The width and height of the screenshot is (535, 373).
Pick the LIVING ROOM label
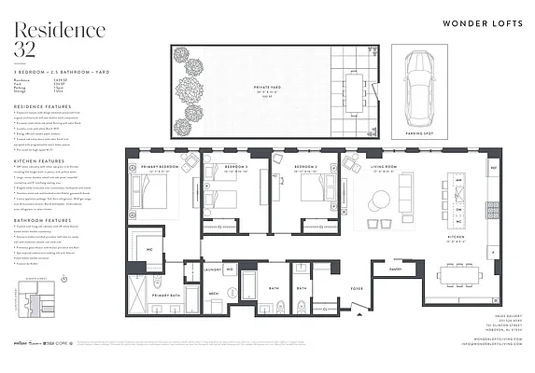pos(384,169)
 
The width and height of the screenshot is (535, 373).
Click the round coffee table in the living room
pos(381,200)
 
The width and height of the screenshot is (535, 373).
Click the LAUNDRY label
pos(210,270)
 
